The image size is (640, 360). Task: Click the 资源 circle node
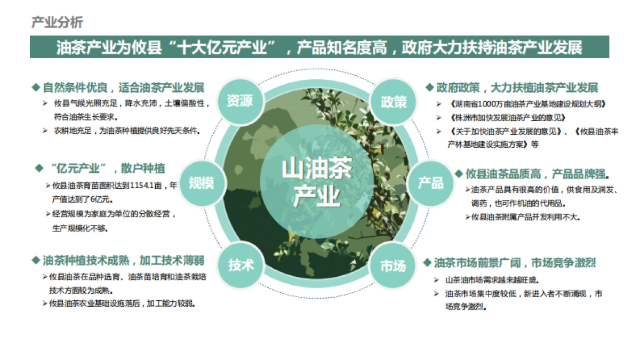point(239,101)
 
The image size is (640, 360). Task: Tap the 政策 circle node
point(394,102)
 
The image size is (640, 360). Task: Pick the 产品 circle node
point(430,183)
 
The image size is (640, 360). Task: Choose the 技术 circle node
point(241,265)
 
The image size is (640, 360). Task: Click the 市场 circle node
point(393,266)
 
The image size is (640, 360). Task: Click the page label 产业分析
point(57,22)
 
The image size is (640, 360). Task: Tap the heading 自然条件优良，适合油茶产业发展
point(123,87)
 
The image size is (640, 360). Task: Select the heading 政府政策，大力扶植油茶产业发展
point(517,87)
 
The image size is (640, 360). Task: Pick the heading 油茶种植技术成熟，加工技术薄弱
point(123,261)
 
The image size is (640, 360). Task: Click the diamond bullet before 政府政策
point(429,87)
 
